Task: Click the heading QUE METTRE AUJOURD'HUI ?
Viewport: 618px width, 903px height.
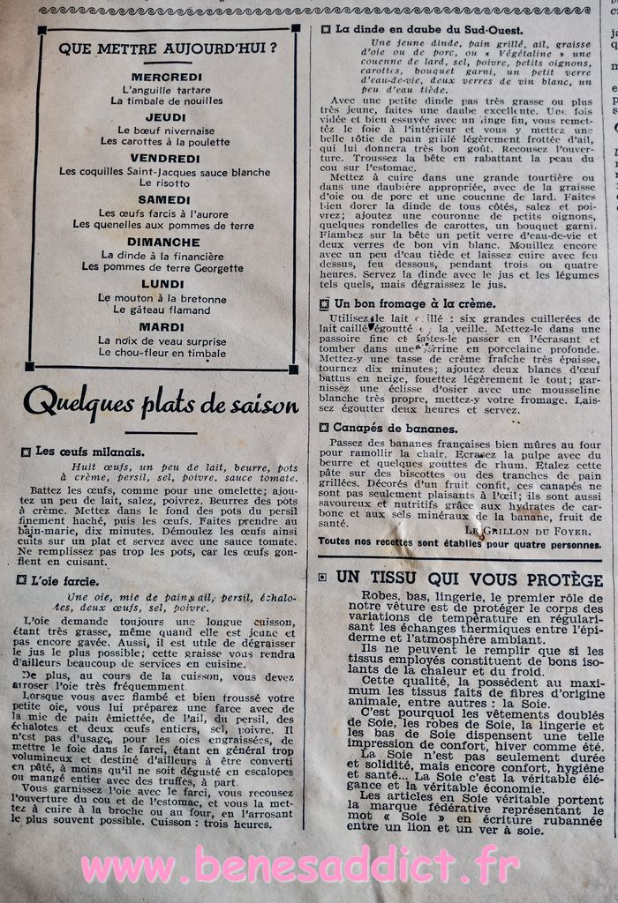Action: coord(168,49)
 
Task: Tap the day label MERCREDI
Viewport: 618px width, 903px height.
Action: coord(166,77)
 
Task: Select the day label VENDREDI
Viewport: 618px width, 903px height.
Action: coord(166,158)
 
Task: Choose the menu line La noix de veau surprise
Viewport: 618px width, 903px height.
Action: coord(162,340)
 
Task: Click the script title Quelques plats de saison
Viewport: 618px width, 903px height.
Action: coord(161,403)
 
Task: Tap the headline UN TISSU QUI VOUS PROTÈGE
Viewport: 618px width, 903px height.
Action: coord(469,578)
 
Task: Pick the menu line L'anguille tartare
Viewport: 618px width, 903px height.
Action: coord(166,90)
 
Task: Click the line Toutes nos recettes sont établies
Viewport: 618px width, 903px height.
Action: coord(459,544)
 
